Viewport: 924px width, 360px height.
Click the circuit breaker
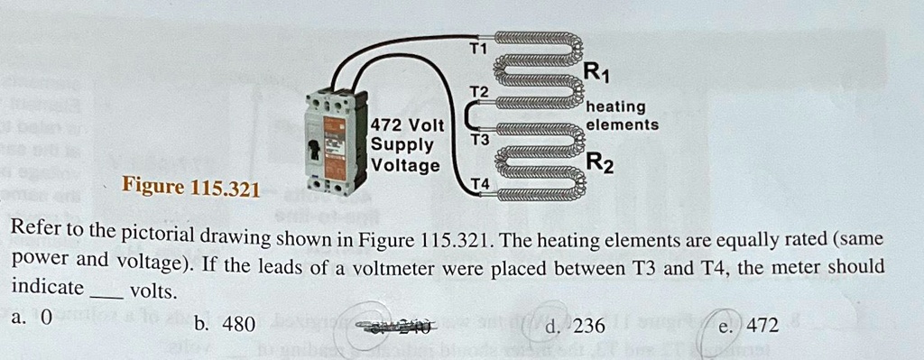336,142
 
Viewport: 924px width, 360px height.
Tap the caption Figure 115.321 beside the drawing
190,189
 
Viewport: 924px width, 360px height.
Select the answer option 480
238,324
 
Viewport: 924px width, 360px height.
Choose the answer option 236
587,326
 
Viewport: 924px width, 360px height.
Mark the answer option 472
760,326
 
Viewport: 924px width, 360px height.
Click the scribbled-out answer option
397,326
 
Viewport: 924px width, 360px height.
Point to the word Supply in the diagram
402,145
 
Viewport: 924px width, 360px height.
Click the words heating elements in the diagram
622,116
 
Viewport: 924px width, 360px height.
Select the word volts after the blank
153,291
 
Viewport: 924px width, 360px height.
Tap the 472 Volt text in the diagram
409,125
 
